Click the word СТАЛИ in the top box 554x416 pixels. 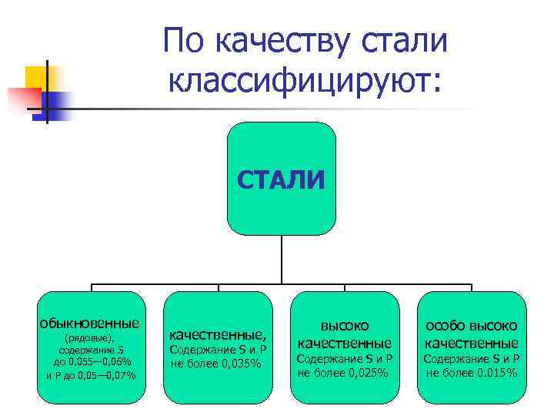(x=281, y=179)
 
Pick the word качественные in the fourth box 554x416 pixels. (x=472, y=343)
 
